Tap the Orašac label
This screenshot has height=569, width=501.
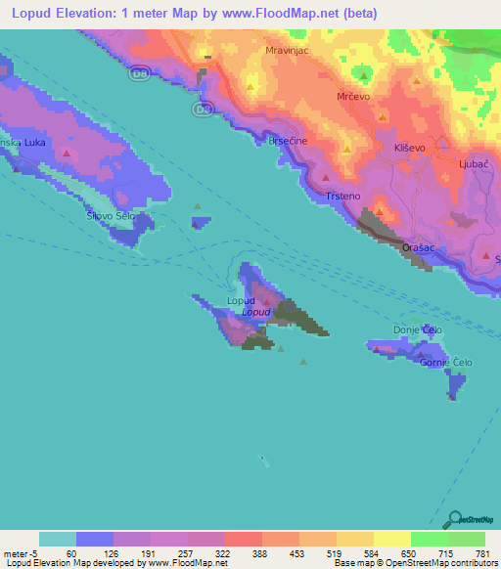418,249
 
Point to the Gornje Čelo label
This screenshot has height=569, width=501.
445,363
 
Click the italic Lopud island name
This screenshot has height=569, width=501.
255,312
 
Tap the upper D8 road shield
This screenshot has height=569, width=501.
137,73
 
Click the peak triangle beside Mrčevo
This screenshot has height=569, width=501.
364,76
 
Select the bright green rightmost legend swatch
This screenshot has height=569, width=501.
467,539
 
